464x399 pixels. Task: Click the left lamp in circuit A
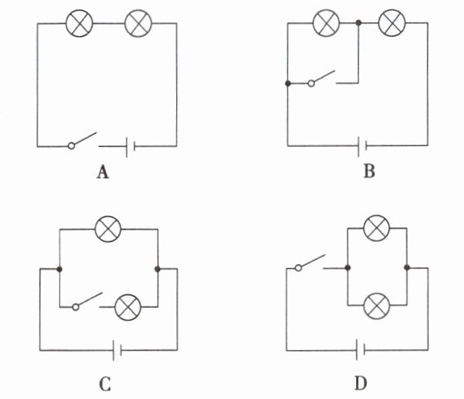tap(79, 24)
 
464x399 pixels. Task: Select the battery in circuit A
tap(129, 144)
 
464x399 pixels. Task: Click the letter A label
tap(102, 172)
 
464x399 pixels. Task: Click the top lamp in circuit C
tap(105, 226)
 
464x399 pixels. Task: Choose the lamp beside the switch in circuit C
tap(126, 308)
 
